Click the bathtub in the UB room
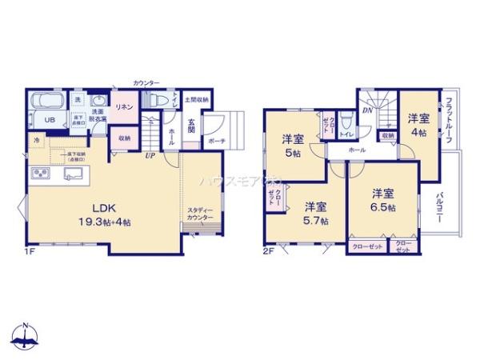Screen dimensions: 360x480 pos(49,103)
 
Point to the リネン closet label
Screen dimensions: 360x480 pos(123,106)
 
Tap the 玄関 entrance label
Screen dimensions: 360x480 pos(192,126)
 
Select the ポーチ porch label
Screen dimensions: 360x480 pos(216,141)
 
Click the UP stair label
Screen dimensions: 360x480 pos(150,155)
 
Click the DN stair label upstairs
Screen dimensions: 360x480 pos(366,110)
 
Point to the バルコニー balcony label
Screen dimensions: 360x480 pos(440,206)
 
